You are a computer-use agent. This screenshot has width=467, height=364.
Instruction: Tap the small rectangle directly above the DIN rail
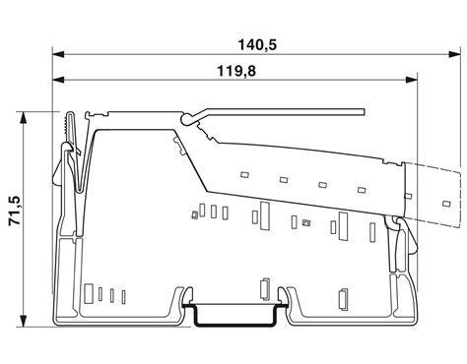[x=263, y=288]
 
